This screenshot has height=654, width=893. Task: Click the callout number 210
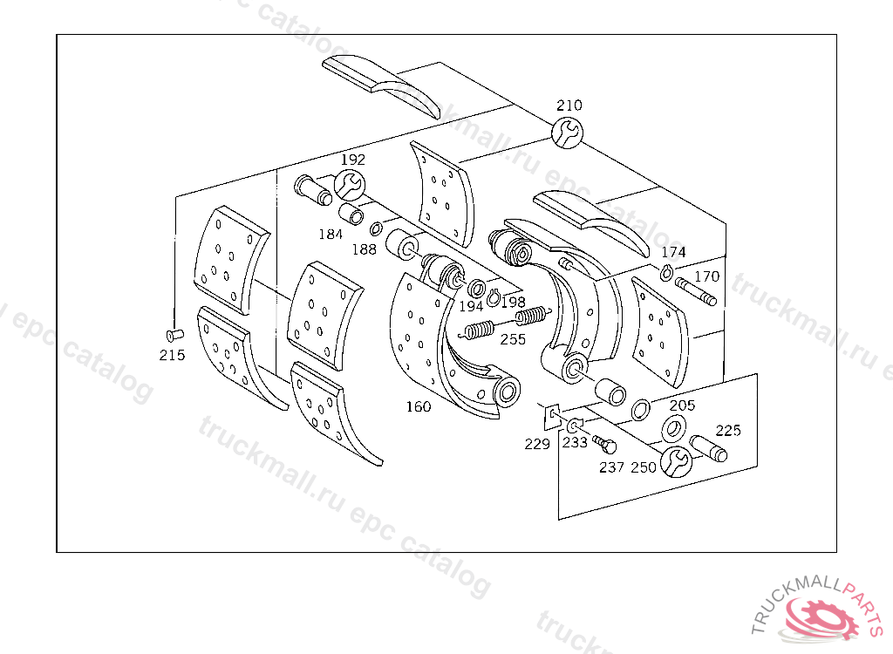point(569,106)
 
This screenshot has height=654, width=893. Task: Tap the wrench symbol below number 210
point(567,133)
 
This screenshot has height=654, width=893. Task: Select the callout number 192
point(352,160)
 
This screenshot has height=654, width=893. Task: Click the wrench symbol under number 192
point(350,185)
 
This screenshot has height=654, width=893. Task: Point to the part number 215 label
point(172,355)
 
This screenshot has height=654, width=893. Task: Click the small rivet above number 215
point(174,335)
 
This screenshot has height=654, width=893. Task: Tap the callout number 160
point(418,406)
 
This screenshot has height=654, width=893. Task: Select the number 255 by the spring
point(513,339)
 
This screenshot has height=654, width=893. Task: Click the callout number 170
point(706,276)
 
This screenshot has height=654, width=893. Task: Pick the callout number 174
point(673,252)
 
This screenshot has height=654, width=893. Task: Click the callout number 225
point(728,430)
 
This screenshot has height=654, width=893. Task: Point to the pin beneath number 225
point(710,447)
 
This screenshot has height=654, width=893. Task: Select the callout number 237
point(611,467)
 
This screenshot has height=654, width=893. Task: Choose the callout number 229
point(537,444)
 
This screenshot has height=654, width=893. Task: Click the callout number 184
point(331,235)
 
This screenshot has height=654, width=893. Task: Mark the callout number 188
point(365,249)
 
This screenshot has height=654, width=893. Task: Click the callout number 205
point(682,405)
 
